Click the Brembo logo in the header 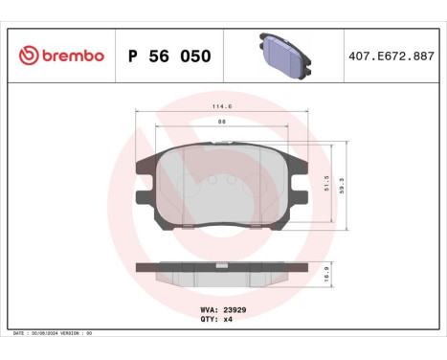(59, 56)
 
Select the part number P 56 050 (168, 56)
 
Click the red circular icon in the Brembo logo (26, 56)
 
